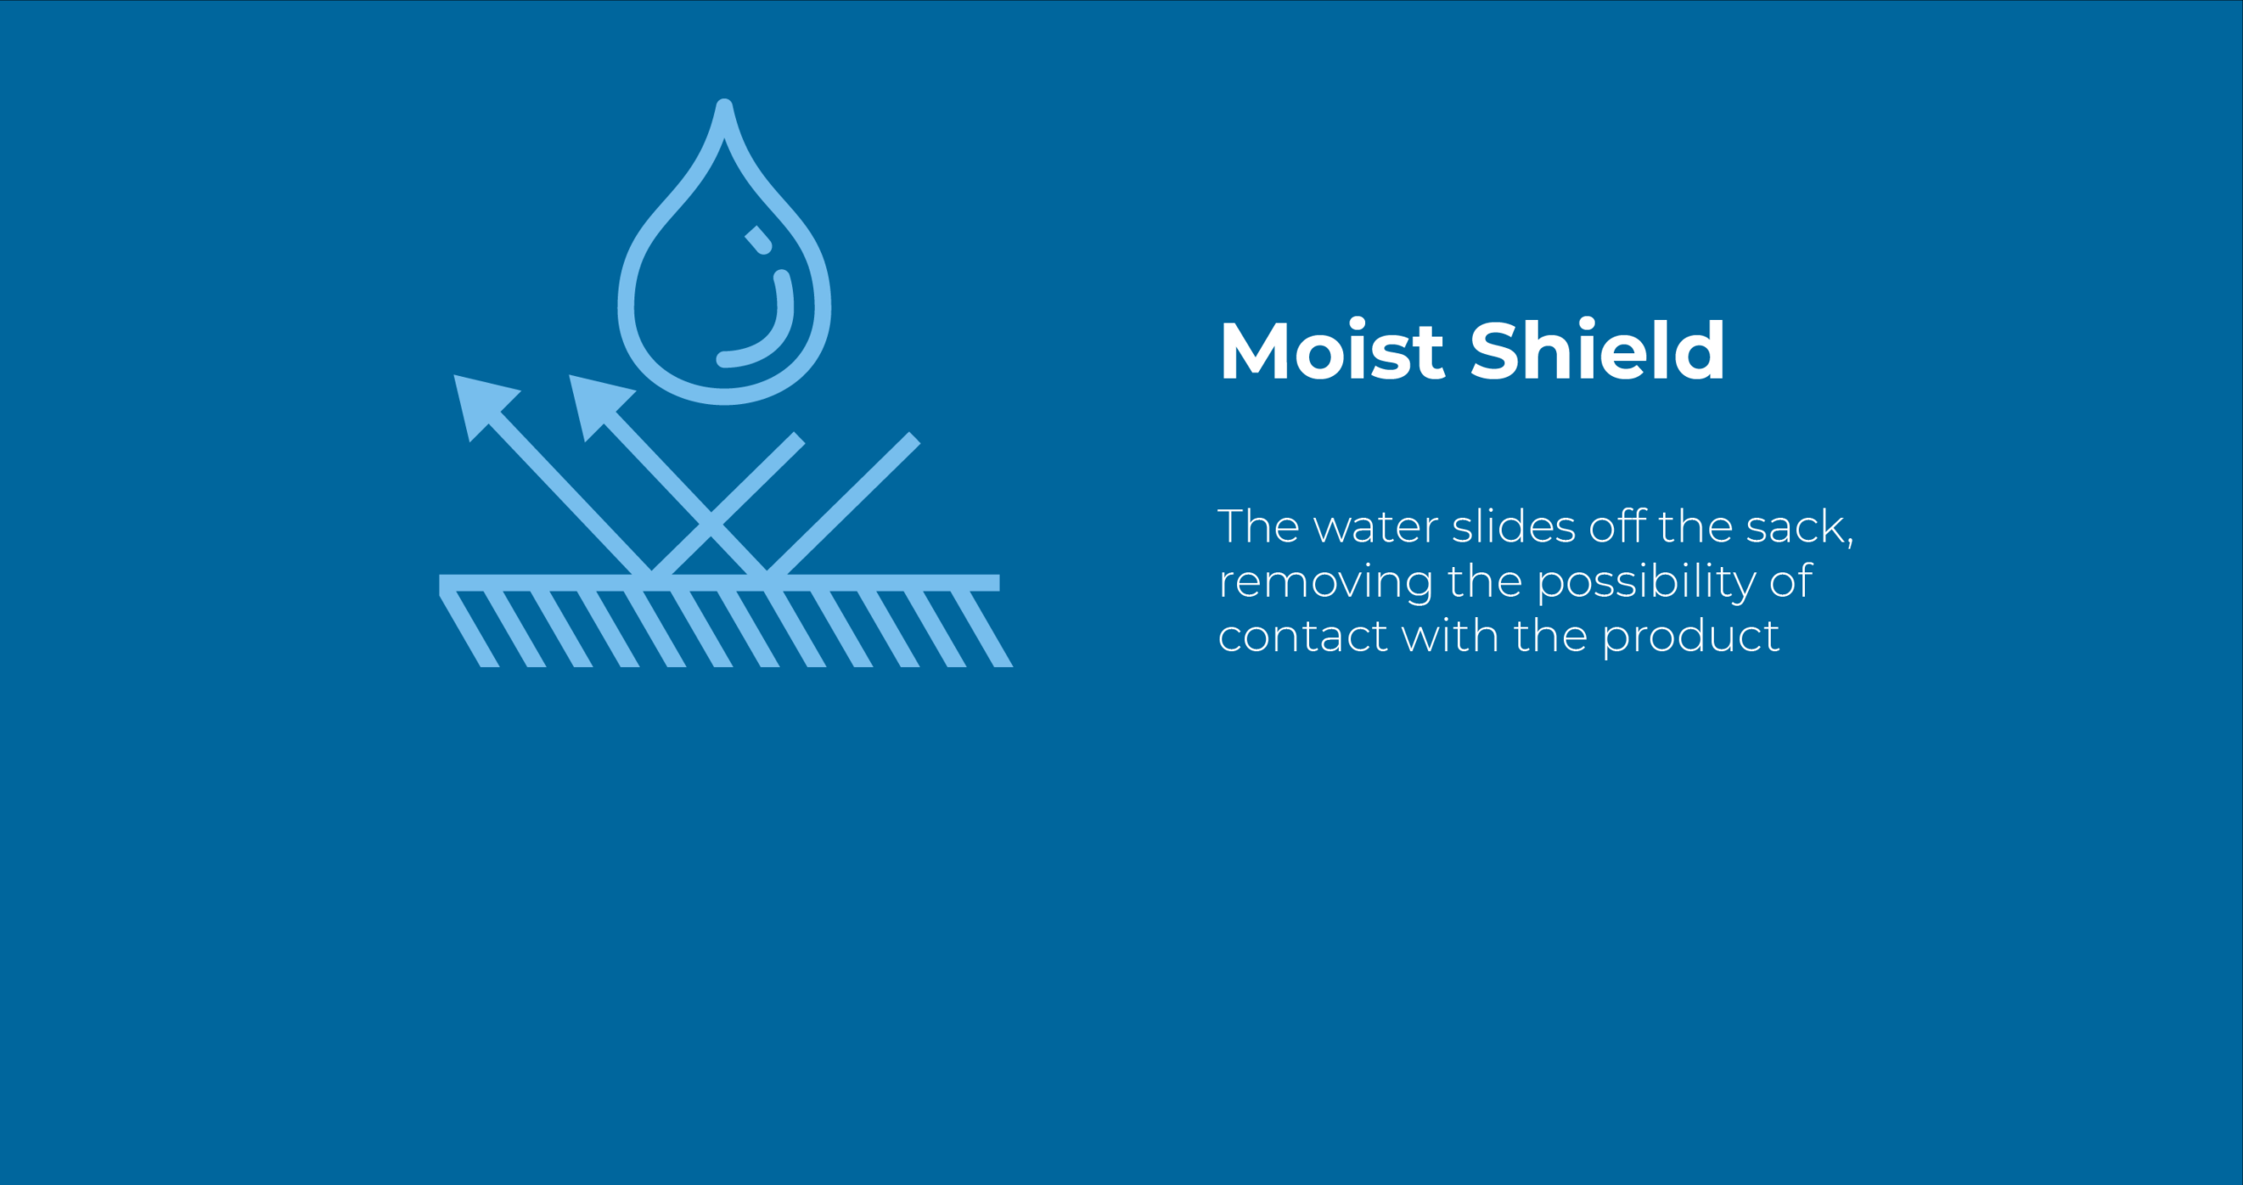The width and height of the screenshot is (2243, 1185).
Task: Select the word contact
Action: (1302, 636)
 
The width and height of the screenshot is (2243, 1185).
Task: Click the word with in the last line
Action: (1450, 635)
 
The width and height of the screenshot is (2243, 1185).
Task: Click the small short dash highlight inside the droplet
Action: (759, 240)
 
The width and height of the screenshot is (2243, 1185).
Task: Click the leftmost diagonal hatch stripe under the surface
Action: (469, 629)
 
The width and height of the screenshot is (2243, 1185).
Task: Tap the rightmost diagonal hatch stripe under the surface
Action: (982, 629)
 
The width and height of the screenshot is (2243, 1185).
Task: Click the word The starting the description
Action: (1258, 527)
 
